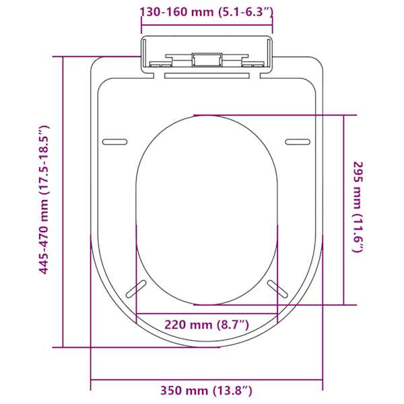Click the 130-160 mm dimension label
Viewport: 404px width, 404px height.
[206, 12]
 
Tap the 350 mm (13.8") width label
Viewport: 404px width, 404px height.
[206, 391]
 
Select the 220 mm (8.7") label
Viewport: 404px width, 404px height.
[207, 325]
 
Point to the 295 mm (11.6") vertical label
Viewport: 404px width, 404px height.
[358, 207]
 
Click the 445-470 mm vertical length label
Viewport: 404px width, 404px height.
[43, 199]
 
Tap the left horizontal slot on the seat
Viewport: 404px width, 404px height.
[115, 141]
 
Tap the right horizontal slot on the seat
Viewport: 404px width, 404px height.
[298, 141]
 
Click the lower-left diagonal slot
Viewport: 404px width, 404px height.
[136, 289]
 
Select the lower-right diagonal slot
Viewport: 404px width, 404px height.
[277, 289]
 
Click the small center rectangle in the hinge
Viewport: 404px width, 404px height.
[207, 60]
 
